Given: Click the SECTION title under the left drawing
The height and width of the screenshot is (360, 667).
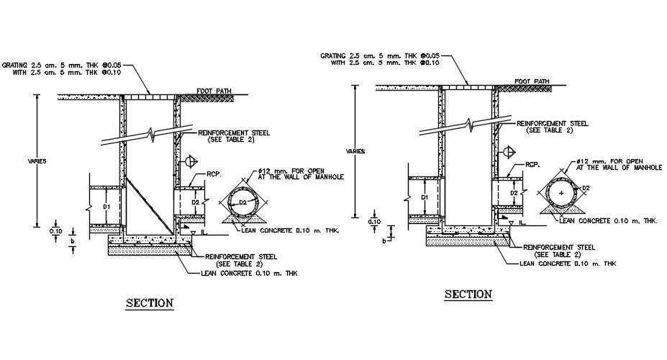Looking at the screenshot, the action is coord(150,303).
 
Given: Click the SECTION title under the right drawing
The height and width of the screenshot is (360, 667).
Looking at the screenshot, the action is coord(468,294).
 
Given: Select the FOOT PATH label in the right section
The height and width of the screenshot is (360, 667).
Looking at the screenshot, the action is coord(532,81).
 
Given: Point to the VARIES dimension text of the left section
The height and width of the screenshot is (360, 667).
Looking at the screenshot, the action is coord(37,161).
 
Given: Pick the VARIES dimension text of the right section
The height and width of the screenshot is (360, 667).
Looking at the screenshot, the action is coord(355,151).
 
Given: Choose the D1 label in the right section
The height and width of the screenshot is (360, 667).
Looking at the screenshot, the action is coord(425,197).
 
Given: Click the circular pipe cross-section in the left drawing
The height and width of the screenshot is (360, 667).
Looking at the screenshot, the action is coord(242,204).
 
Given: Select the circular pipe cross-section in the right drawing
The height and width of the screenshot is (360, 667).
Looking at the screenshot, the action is coord(561,194).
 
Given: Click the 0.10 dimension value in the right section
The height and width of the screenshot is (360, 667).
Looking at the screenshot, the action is coord(374,222).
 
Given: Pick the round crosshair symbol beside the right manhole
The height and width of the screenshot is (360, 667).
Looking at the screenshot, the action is coord(509,151).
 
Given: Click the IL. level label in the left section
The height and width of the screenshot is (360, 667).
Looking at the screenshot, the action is coord(204,234).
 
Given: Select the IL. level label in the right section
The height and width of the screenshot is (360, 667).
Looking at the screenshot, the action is coord(523,224).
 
